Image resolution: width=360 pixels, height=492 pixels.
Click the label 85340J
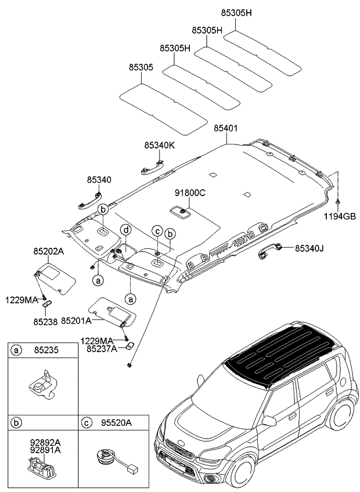[309, 248]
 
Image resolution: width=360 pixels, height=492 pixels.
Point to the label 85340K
[159, 145]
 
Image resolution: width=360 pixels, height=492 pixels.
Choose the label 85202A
[49, 252]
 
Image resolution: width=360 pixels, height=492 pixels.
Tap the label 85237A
[102, 348]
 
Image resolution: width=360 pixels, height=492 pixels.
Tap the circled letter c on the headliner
[156, 231]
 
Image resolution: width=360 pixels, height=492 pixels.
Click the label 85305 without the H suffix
[141, 67]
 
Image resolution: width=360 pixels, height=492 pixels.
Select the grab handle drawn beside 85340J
[271, 249]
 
